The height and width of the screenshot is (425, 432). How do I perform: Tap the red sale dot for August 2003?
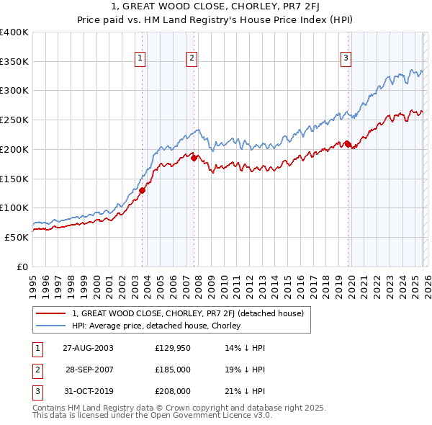(x=143, y=190)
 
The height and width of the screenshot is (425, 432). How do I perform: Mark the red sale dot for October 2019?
(x=348, y=145)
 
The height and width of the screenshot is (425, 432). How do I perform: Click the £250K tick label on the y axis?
(x=14, y=120)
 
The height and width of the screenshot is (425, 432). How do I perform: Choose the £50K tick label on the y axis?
(x=17, y=237)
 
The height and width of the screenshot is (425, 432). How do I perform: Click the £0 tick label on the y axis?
(x=22, y=267)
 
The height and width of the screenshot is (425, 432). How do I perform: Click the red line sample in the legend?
(x=52, y=313)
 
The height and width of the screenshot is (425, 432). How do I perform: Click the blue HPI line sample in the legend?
(x=52, y=326)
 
